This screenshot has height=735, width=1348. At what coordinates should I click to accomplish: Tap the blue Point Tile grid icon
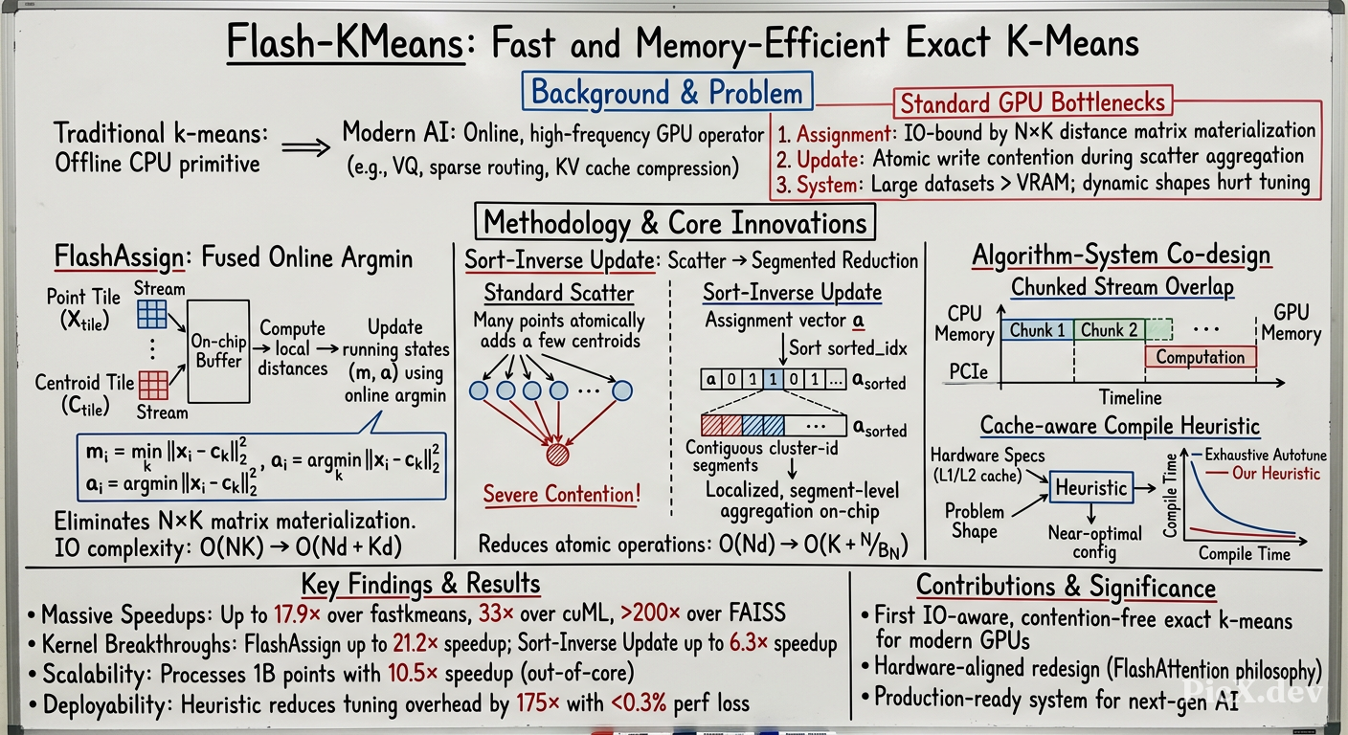(152, 314)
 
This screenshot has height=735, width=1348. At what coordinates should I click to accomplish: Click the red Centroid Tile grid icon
(153, 386)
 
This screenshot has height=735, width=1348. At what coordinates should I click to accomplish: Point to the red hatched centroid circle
(557, 455)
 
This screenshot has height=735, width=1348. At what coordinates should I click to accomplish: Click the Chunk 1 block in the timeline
(1037, 330)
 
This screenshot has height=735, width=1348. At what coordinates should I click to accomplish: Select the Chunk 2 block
(1109, 330)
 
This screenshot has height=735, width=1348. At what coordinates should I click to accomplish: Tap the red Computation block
(1201, 357)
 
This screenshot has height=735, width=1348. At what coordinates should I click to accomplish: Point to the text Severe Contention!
(561, 495)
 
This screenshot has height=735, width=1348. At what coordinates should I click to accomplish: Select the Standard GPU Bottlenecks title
(1033, 102)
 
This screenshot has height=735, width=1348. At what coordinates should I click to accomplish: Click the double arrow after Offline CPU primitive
(305, 147)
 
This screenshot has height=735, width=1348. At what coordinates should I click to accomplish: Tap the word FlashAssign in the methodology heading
(119, 258)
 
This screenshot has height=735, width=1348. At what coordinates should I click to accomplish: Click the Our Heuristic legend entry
(1263, 474)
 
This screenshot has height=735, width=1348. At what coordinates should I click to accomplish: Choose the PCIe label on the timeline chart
(969, 372)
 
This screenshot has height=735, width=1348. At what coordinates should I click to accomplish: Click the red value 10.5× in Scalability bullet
(413, 673)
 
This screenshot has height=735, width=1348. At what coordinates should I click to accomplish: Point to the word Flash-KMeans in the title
(346, 43)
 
